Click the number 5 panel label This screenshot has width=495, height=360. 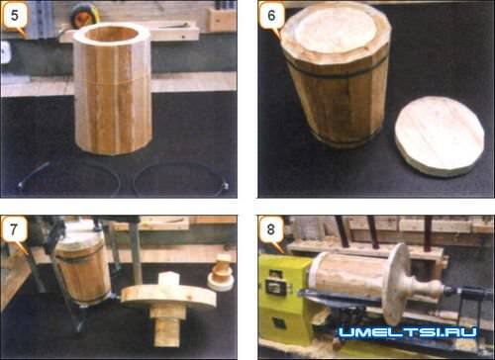(15, 15)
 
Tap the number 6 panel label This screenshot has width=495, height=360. (271, 15)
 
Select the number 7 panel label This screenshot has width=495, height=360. (14, 229)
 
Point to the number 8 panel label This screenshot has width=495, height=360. (271, 229)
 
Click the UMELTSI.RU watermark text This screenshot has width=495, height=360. (408, 332)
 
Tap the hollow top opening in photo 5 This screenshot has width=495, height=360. (113, 34)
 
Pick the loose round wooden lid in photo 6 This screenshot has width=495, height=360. (440, 135)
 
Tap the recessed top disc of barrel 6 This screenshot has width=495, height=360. (336, 31)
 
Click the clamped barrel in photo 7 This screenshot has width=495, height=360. (82, 270)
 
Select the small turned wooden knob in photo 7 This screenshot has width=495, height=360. (221, 272)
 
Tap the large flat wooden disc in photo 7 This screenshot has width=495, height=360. (168, 297)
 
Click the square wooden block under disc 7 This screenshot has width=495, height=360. (166, 326)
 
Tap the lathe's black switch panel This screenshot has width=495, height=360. (276, 286)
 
